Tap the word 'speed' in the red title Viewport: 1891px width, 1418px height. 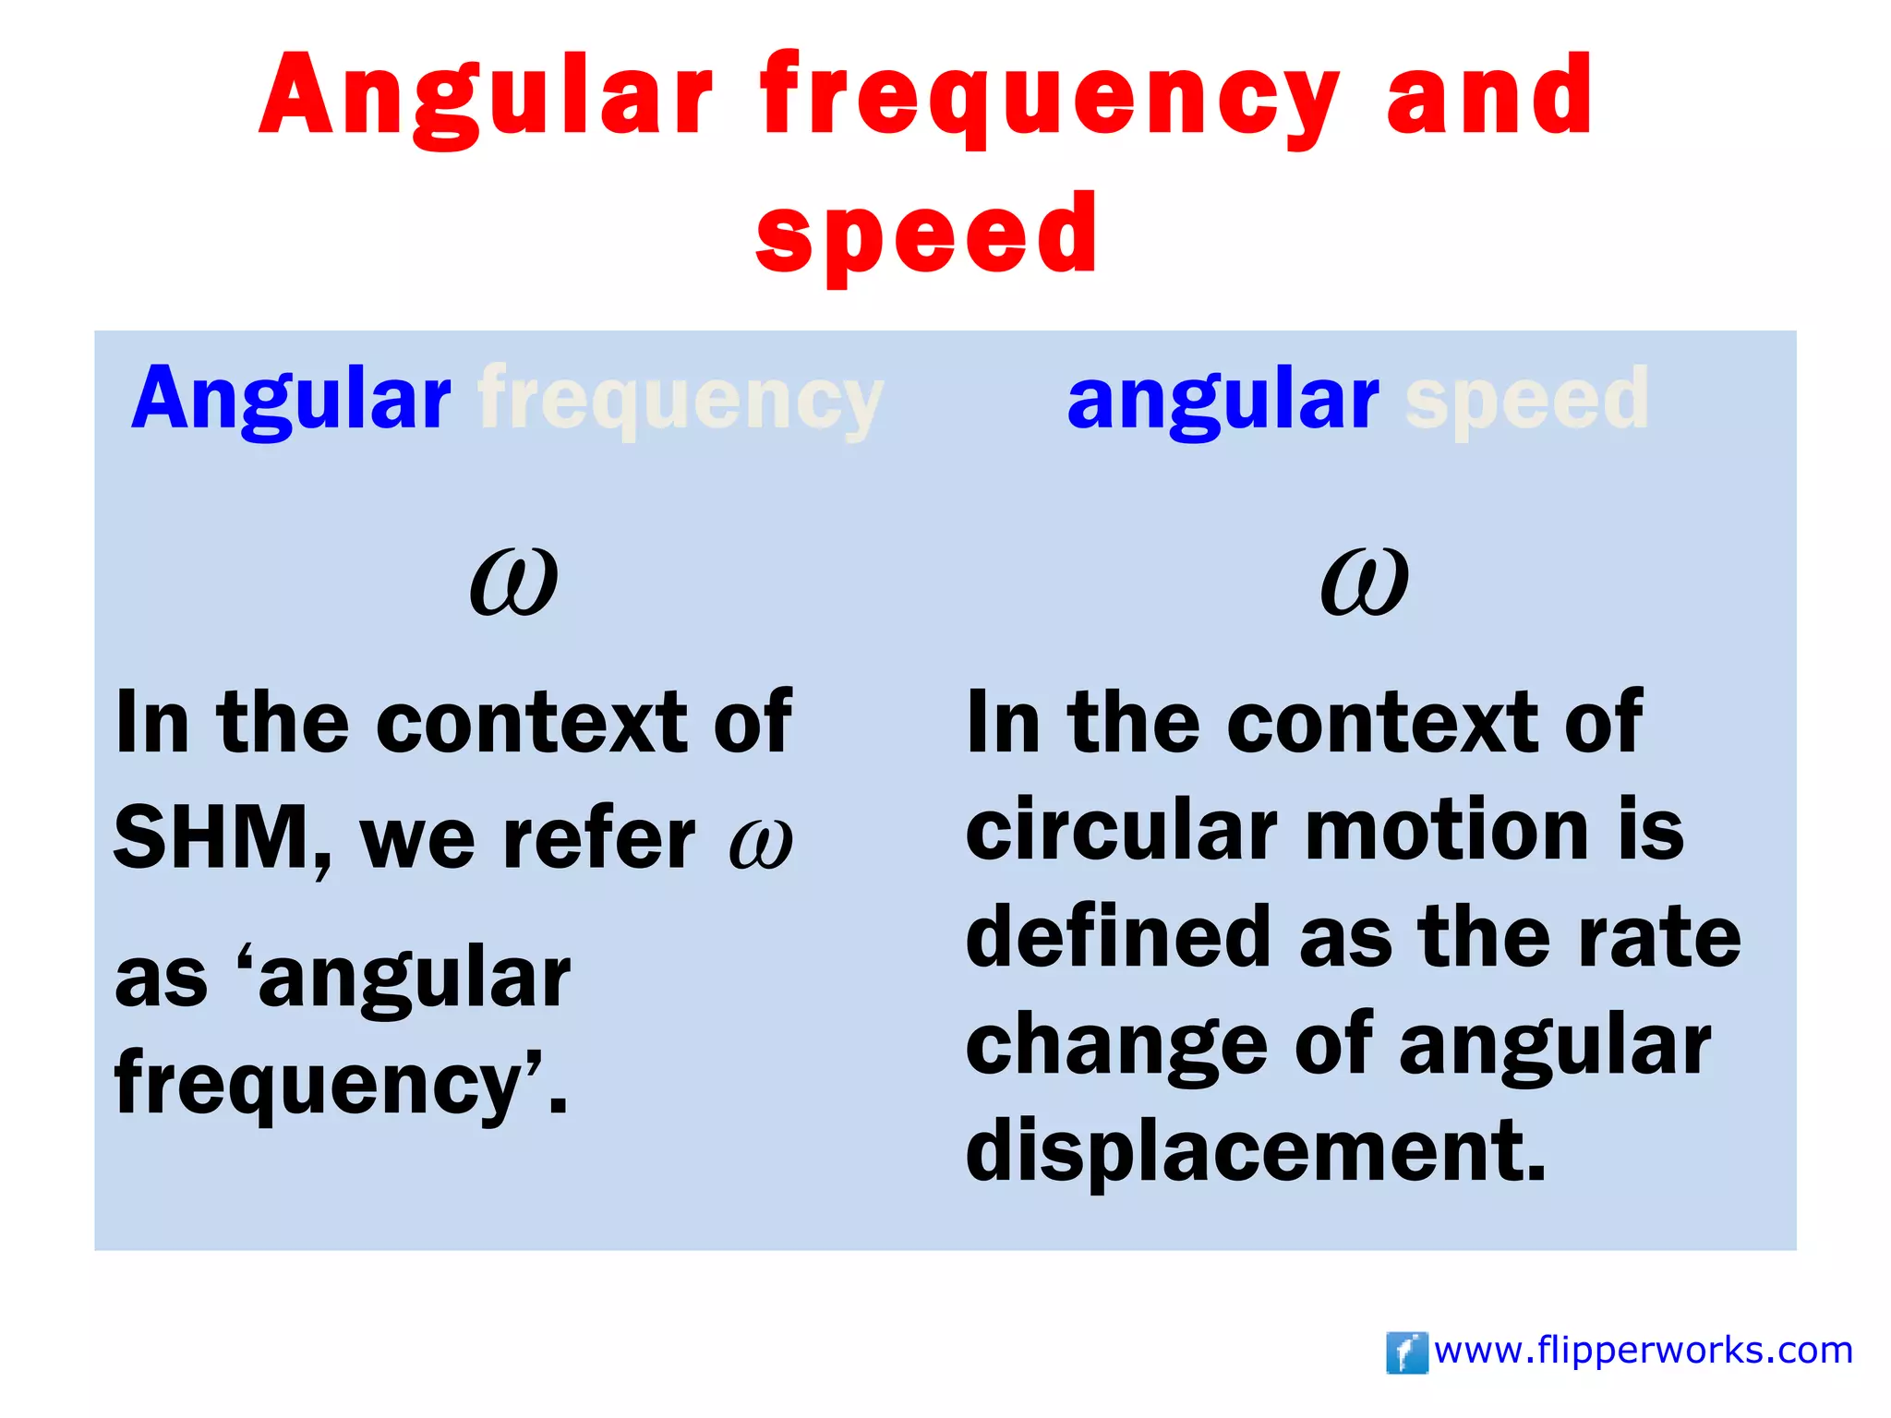click(x=927, y=235)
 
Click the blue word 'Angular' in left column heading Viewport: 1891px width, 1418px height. click(x=291, y=399)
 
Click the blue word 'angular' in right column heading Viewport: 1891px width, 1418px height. click(x=1223, y=399)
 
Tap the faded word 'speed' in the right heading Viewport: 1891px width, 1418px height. click(x=1526, y=399)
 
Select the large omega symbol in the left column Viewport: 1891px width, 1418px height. click(x=513, y=582)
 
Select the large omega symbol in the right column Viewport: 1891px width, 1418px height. click(x=1364, y=582)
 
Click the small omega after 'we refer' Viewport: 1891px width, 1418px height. click(x=760, y=842)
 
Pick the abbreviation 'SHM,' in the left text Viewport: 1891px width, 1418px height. click(x=223, y=838)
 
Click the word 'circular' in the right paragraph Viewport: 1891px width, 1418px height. click(x=1121, y=829)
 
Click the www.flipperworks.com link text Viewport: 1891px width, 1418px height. click(x=1644, y=1351)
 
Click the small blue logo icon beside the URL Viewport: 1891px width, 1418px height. click(x=1406, y=1352)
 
